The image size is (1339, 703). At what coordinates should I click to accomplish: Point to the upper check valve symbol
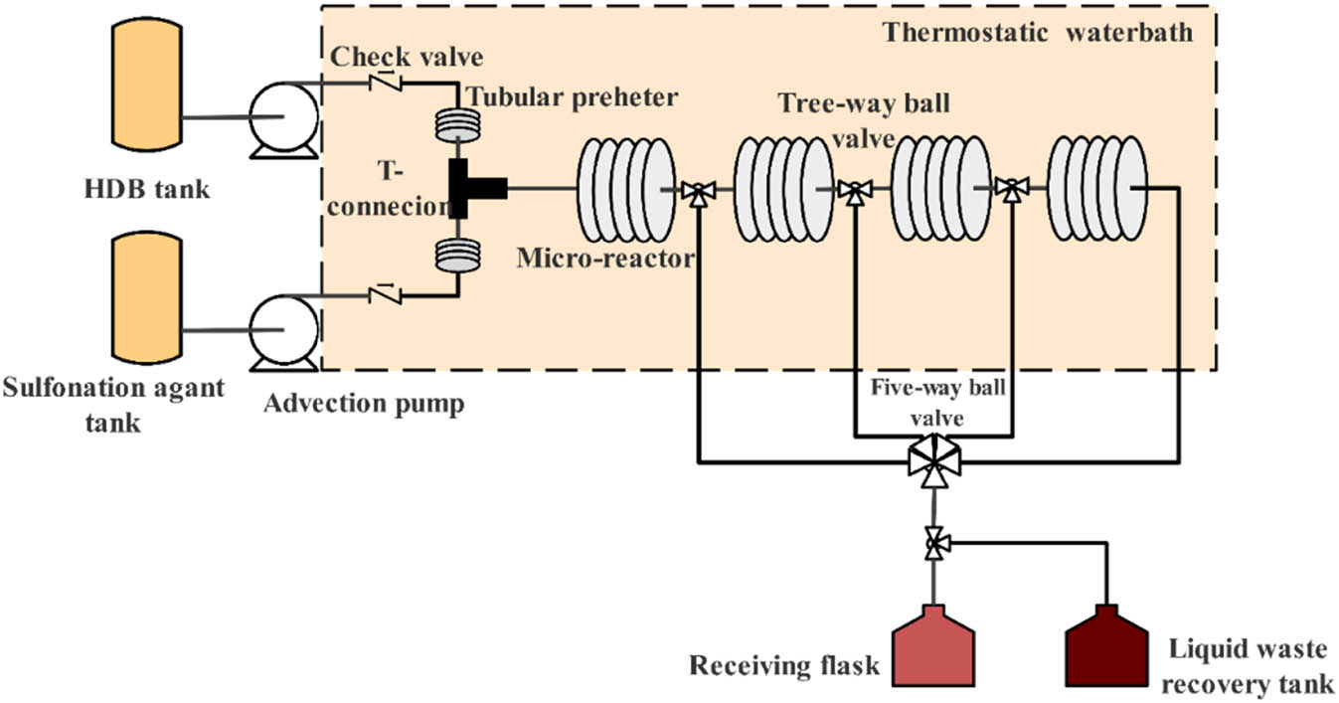point(385,83)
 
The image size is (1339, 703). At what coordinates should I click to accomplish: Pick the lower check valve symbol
point(385,294)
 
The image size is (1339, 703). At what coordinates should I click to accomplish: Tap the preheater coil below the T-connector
point(458,254)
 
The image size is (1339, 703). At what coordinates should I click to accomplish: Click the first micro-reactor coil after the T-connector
point(627,189)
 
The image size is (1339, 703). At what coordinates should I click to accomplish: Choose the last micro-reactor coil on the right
point(1096,189)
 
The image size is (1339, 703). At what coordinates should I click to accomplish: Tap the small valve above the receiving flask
point(933,543)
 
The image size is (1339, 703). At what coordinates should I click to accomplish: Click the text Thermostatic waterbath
point(1037,32)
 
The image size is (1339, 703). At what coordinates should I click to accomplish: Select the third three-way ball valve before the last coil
point(1012,190)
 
